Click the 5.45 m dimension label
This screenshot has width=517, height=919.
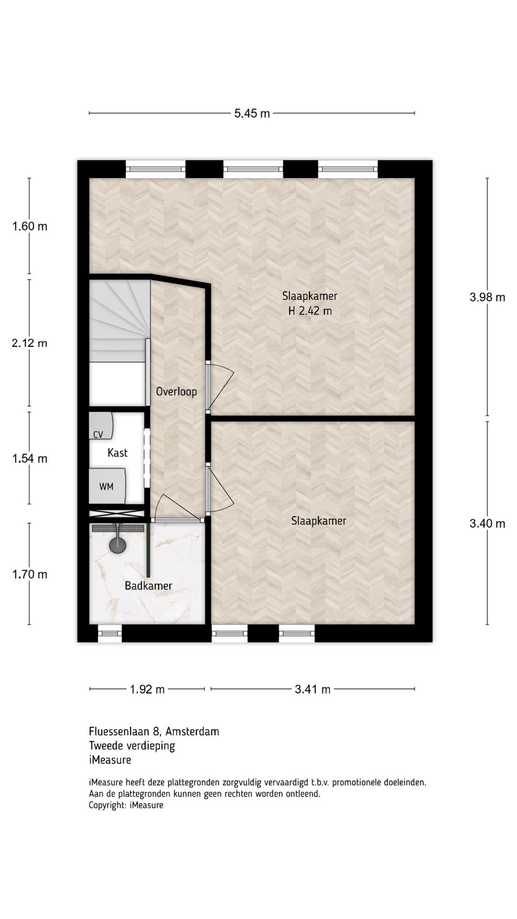pos(252,113)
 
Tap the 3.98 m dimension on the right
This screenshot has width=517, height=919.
pos(487,297)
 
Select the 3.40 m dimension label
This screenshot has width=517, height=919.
pos(487,524)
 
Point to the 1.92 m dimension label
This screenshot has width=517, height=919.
pos(147,689)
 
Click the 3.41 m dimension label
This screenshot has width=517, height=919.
pos(313,689)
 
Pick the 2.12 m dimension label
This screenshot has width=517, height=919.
pos(30,343)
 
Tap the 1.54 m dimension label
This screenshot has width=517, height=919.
pos(30,459)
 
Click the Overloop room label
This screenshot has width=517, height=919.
pos(176,392)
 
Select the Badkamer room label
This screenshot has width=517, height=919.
pos(148,585)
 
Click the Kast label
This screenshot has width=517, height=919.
pos(117,453)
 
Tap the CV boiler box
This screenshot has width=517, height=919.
pos(101,426)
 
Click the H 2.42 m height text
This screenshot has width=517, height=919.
pos(310,311)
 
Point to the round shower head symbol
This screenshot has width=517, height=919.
pos(117,545)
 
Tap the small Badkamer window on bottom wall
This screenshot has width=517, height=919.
pos(110,633)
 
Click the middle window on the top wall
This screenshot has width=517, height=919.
pos(253,168)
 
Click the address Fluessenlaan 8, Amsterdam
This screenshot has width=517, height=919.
pos(154,731)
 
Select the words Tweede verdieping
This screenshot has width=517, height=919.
pos(132,745)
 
